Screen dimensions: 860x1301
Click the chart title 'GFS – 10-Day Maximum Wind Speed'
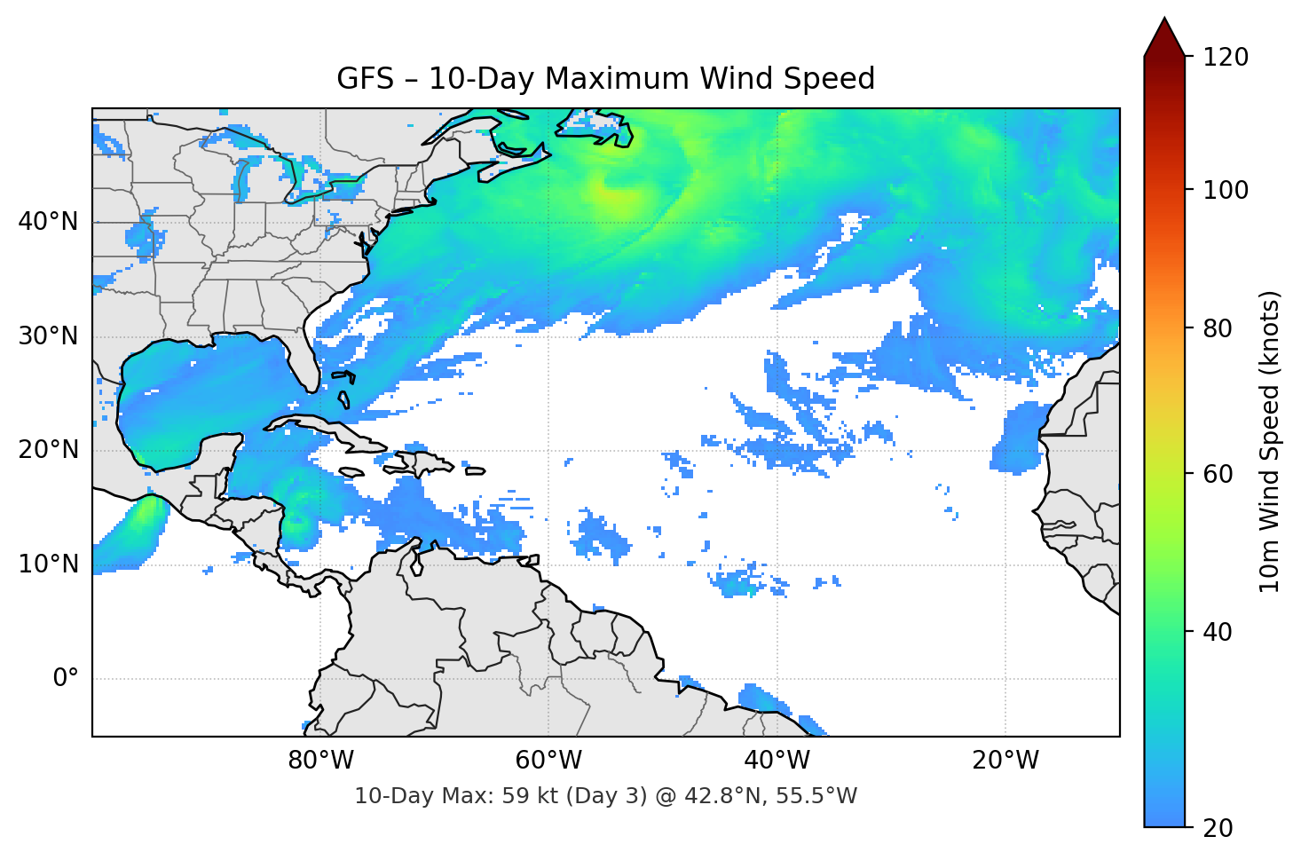click(x=605, y=79)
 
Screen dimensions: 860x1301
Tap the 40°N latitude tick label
click(x=48, y=222)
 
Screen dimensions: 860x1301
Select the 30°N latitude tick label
click(x=48, y=336)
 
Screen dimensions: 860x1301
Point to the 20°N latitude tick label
click(x=48, y=450)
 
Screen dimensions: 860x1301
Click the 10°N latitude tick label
click(x=48, y=564)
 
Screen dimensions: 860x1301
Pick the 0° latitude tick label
click(x=66, y=679)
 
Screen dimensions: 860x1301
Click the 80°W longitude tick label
click(x=320, y=761)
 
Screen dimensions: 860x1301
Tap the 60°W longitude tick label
click(x=548, y=761)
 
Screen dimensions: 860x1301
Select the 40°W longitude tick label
click(x=777, y=761)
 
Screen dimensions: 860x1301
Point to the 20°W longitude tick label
click(x=1005, y=761)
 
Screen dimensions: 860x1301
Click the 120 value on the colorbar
click(x=1226, y=57)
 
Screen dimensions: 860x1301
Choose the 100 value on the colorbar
click(x=1226, y=190)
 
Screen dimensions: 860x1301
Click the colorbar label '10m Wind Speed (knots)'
click(x=1270, y=441)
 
